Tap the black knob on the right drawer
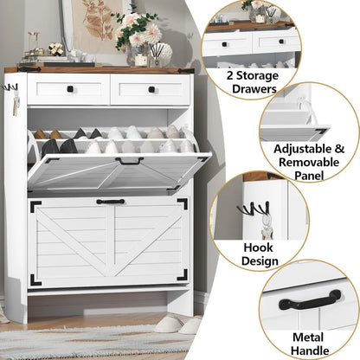(x=151, y=89)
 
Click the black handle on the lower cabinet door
(x=110, y=202)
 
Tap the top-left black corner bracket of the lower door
(x=36, y=206)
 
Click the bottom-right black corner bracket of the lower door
(x=183, y=275)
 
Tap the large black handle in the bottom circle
(x=310, y=301)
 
